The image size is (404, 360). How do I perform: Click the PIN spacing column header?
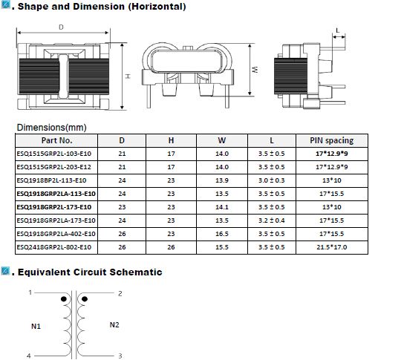click(x=332, y=140)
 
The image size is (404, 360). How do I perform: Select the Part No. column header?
click(x=56, y=140)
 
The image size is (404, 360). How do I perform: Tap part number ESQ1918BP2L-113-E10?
click(x=51, y=180)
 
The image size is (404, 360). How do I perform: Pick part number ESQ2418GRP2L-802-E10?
click(x=54, y=247)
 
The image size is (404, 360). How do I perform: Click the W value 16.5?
click(x=222, y=234)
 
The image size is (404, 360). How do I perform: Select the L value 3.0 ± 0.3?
click(x=271, y=180)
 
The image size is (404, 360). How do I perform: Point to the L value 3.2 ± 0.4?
click(x=271, y=220)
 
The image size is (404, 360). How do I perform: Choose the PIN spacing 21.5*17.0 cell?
click(x=332, y=247)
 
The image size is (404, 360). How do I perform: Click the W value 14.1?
click(x=222, y=207)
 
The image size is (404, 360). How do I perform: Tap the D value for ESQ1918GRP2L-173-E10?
click(x=122, y=207)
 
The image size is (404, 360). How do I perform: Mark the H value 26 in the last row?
click(x=171, y=247)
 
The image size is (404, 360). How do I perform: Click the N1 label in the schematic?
click(x=36, y=327)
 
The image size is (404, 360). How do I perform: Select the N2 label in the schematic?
click(x=114, y=324)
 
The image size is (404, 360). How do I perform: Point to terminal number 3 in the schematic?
click(x=120, y=356)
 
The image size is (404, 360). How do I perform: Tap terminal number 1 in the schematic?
click(x=30, y=292)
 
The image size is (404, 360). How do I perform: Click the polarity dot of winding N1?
click(x=64, y=299)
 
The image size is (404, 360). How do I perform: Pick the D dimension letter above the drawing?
click(x=61, y=27)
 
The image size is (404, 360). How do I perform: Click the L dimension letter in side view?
click(x=337, y=30)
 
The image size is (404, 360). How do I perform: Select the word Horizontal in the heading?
click(x=157, y=7)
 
